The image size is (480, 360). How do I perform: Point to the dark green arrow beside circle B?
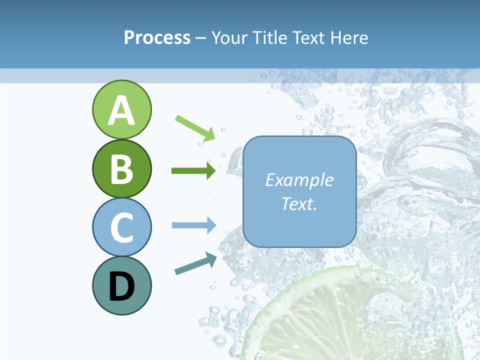[x=193, y=171]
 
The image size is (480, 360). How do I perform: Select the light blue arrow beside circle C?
[x=193, y=225]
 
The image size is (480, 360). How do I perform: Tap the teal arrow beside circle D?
[x=195, y=263]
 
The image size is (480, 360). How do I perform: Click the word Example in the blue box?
[x=299, y=180]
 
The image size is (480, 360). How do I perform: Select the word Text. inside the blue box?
[x=299, y=203]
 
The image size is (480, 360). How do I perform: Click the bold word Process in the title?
[x=157, y=37]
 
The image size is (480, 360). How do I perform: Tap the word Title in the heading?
[x=270, y=37]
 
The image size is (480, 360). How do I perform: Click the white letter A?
[x=121, y=110]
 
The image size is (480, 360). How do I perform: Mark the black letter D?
[x=121, y=286]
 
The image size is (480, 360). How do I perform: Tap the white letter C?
[x=121, y=227]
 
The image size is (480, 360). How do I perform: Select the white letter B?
[x=121, y=169]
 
